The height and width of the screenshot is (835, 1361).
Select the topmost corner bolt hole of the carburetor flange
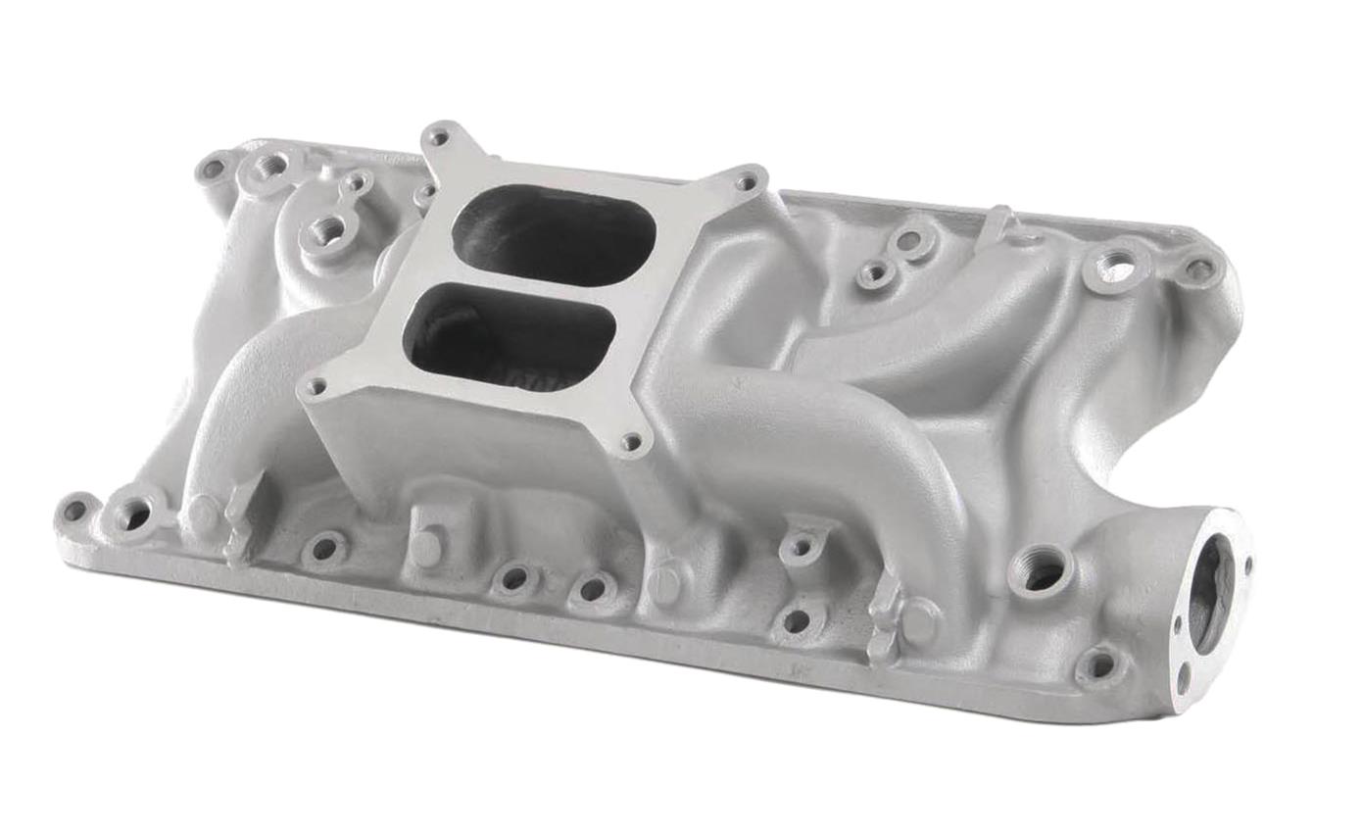438,137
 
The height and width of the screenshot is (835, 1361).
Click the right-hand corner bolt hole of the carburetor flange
748,181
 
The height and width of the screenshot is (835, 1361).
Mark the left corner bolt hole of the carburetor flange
315,387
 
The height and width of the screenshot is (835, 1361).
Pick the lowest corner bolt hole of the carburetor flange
632,443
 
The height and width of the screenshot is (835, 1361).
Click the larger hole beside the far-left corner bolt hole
133,514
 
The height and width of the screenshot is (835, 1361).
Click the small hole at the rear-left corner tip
211,170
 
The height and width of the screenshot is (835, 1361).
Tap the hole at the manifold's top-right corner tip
1199,269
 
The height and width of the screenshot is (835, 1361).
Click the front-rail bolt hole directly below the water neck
1100,665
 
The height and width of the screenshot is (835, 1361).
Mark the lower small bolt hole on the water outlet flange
1184,675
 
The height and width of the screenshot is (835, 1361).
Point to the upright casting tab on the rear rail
999,223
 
